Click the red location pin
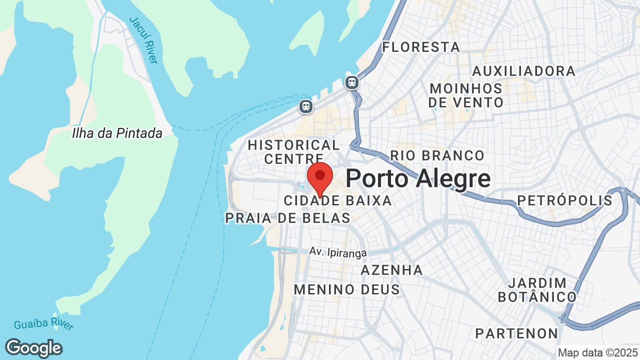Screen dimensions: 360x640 pos(320,177)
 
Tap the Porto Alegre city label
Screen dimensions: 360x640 pos(417,178)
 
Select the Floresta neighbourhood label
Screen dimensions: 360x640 pos(420,47)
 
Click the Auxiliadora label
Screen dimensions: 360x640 pos(523,71)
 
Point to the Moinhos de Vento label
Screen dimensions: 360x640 pos(466,95)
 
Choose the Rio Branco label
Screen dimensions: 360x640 pos(437,155)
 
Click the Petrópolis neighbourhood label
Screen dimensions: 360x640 pos(564,200)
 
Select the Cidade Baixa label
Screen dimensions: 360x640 pos(337,201)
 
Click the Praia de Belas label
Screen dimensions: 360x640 pos(287,218)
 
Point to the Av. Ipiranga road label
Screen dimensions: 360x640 pos(338,252)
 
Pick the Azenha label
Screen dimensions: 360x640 pos(391,270)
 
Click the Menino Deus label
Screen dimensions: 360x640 pos(346,289)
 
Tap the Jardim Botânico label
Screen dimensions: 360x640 pos(537,290)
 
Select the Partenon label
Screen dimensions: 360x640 pos(516,333)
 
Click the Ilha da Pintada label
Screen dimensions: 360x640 pos(117,133)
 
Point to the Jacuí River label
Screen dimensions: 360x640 pos(143,40)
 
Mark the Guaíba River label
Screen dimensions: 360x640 pos(43,324)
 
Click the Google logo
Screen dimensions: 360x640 pos(33,348)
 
